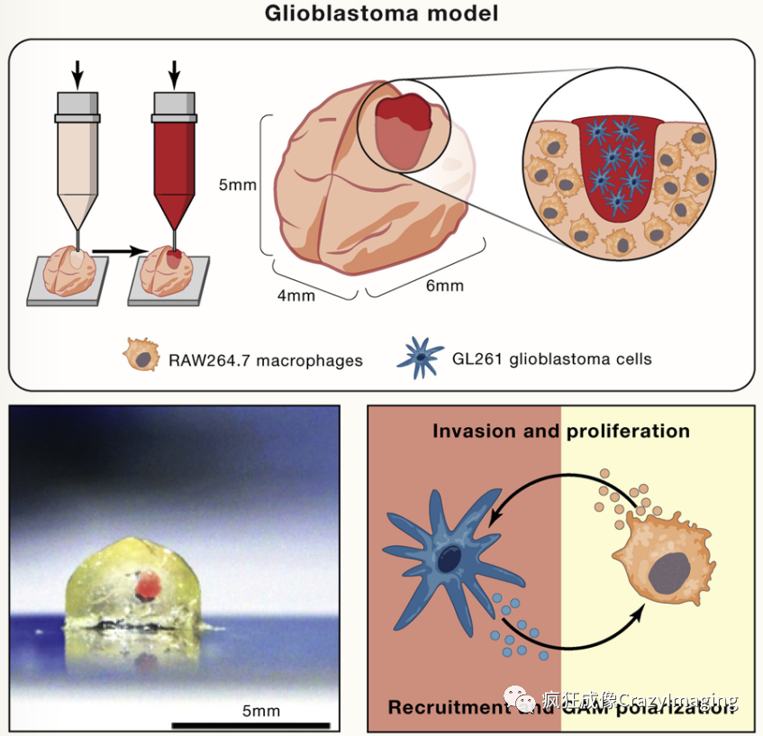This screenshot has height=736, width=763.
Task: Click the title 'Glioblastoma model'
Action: pyautogui.click(x=380, y=14)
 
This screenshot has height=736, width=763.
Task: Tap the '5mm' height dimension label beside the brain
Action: pyautogui.click(x=238, y=186)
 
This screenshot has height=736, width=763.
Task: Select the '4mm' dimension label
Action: pyautogui.click(x=297, y=295)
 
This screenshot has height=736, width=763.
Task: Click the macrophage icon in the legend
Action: pyautogui.click(x=140, y=358)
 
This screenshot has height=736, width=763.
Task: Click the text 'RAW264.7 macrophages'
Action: pyautogui.click(x=265, y=360)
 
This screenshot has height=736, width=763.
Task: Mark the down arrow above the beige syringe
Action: pyautogui.click(x=77, y=75)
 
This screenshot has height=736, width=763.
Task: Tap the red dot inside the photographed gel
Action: pyautogui.click(x=148, y=587)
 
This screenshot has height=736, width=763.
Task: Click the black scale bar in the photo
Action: pyautogui.click(x=250, y=723)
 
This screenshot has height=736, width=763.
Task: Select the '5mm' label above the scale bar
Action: pyautogui.click(x=260, y=710)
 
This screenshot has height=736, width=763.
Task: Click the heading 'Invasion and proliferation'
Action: pyautogui.click(x=560, y=431)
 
